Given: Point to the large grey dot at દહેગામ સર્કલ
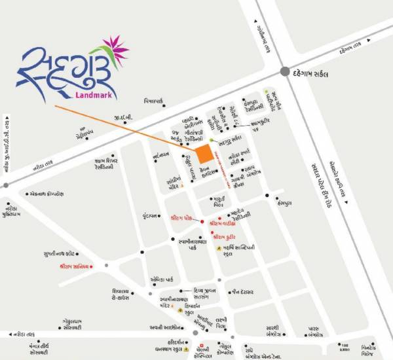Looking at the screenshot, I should click(x=286, y=71).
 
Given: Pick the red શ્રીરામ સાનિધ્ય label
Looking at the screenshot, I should click(x=74, y=266).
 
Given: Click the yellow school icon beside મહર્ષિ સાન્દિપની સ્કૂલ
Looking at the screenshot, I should click(x=219, y=249).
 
